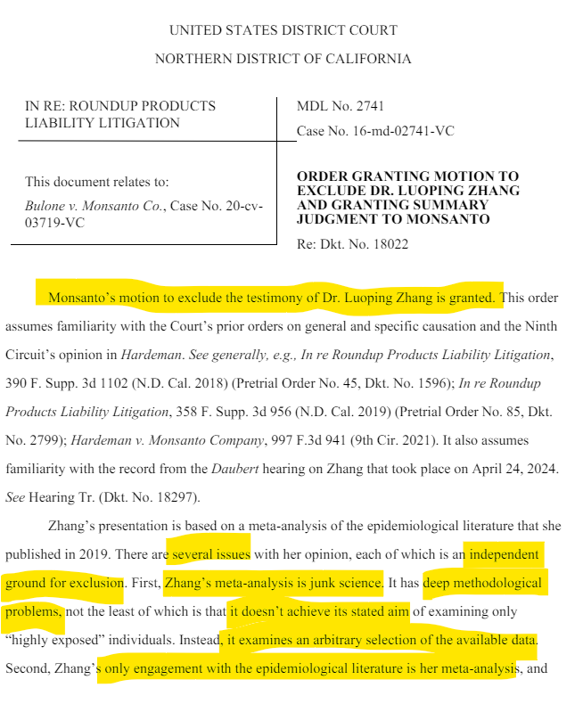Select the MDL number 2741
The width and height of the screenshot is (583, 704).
point(368,107)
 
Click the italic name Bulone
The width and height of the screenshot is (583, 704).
point(45,206)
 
